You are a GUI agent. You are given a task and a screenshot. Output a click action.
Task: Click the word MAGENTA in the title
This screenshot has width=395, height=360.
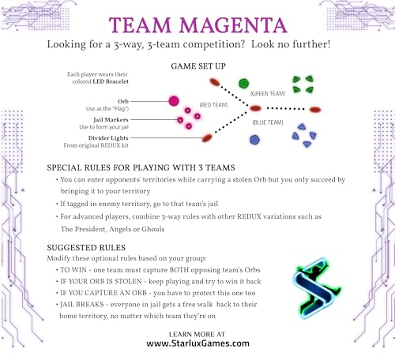pyautogui.click(x=233, y=25)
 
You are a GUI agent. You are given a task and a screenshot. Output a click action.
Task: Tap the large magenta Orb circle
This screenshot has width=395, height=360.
pyautogui.click(x=174, y=101)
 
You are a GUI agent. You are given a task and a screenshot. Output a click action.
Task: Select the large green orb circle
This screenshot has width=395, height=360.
pyautogui.click(x=243, y=84)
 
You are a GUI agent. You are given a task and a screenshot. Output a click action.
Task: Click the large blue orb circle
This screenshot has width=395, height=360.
pyautogui.click(x=254, y=140)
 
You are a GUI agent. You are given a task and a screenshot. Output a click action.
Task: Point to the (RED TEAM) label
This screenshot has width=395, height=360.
pyautogui.click(x=213, y=105)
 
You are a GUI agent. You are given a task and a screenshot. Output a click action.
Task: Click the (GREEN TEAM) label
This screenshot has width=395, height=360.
pyautogui.click(x=268, y=94)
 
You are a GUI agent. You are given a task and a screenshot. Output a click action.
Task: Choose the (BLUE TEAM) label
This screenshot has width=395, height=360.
pyautogui.click(x=268, y=122)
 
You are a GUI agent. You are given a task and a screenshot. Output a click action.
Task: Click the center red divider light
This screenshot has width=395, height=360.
pyautogui.click(x=255, y=108)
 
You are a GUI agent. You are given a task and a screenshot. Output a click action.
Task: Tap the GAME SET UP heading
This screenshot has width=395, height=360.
pyautogui.click(x=198, y=66)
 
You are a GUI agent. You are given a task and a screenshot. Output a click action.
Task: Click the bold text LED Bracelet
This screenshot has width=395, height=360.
pyautogui.click(x=111, y=81)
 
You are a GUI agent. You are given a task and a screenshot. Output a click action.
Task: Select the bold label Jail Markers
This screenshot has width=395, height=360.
pyautogui.click(x=111, y=120)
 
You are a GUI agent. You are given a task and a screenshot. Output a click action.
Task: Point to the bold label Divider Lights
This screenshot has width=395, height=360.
pyautogui.click(x=108, y=138)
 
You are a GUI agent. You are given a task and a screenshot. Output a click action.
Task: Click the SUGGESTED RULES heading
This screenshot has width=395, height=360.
pyautogui.click(x=86, y=248)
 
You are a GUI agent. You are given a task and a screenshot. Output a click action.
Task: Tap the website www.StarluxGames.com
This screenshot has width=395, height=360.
pyautogui.click(x=197, y=343)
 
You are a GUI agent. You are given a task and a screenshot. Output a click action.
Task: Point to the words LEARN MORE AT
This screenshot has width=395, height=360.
pyautogui.click(x=197, y=335)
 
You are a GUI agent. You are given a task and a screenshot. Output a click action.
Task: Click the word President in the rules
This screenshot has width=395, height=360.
pyautogui.click(x=90, y=229)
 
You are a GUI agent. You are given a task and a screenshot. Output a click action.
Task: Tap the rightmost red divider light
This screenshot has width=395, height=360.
pyautogui.click(x=315, y=110)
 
